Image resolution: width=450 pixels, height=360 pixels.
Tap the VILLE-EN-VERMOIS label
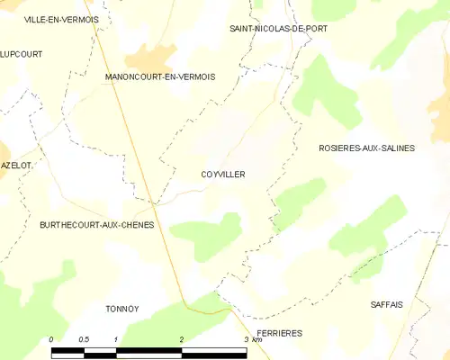(x=61, y=19)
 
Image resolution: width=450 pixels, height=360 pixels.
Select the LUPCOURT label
(x=22, y=54)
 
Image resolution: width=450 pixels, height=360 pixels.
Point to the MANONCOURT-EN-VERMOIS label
(x=160, y=77)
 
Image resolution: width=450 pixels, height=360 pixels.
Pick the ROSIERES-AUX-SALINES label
(x=367, y=148)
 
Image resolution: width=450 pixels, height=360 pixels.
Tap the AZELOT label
(x=16, y=166)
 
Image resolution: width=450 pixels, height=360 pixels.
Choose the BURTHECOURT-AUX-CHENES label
(x=96, y=224)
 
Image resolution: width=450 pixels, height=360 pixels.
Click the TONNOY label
(x=121, y=309)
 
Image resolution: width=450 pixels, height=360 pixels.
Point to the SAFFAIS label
(x=387, y=305)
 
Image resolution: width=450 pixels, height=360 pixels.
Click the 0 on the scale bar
(x=52, y=338)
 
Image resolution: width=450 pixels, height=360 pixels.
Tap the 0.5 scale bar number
(x=84, y=338)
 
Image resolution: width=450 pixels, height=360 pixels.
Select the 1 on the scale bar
(x=117, y=338)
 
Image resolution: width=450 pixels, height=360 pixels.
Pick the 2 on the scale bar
(x=182, y=338)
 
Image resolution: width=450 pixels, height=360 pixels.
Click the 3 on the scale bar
(x=247, y=338)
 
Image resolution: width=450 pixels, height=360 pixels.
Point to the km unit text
(x=257, y=339)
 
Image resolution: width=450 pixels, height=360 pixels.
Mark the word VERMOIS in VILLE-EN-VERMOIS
(x=79, y=19)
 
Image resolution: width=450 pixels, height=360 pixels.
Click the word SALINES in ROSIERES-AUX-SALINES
(x=395, y=148)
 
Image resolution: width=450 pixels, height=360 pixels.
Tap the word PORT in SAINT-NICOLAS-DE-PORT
(x=312, y=29)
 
